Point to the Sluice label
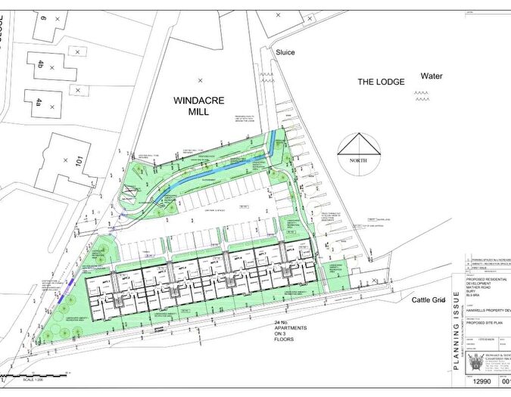[x=285, y=52]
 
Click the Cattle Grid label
[x=431, y=300]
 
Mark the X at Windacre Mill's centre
[x=201, y=79]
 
